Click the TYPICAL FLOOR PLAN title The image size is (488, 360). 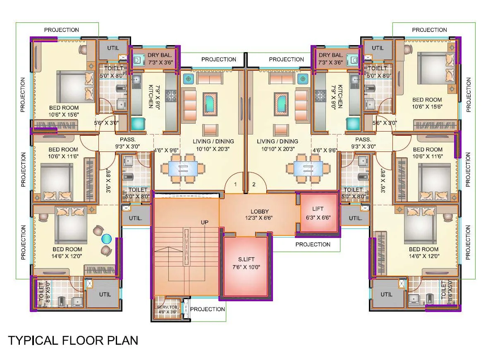pyautogui.click(x=73, y=341)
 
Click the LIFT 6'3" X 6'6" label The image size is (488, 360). pyautogui.click(x=318, y=213)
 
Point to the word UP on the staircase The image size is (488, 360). pyautogui.click(x=205, y=222)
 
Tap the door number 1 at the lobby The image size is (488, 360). pyautogui.click(x=235, y=184)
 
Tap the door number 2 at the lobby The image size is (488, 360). pyautogui.click(x=254, y=184)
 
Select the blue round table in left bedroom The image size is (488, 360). pyautogui.click(x=107, y=239)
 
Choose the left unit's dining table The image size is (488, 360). pyautogui.click(x=182, y=168)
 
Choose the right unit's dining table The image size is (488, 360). pyautogui.click(x=308, y=168)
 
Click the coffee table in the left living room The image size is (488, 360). pyautogui.click(x=211, y=103)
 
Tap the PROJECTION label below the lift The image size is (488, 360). pyautogui.click(x=313, y=244)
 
